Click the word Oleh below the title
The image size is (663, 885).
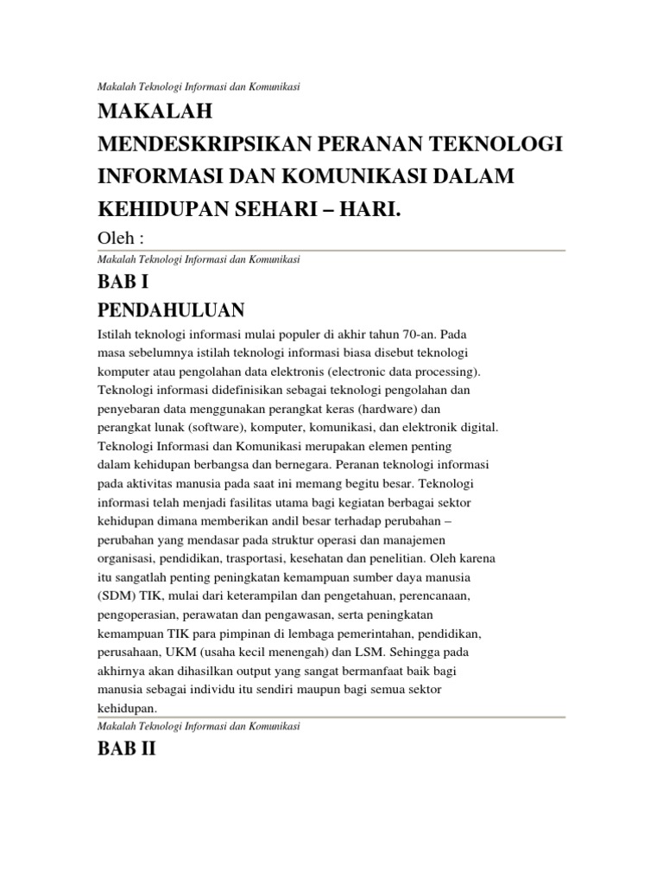[x=114, y=238]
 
